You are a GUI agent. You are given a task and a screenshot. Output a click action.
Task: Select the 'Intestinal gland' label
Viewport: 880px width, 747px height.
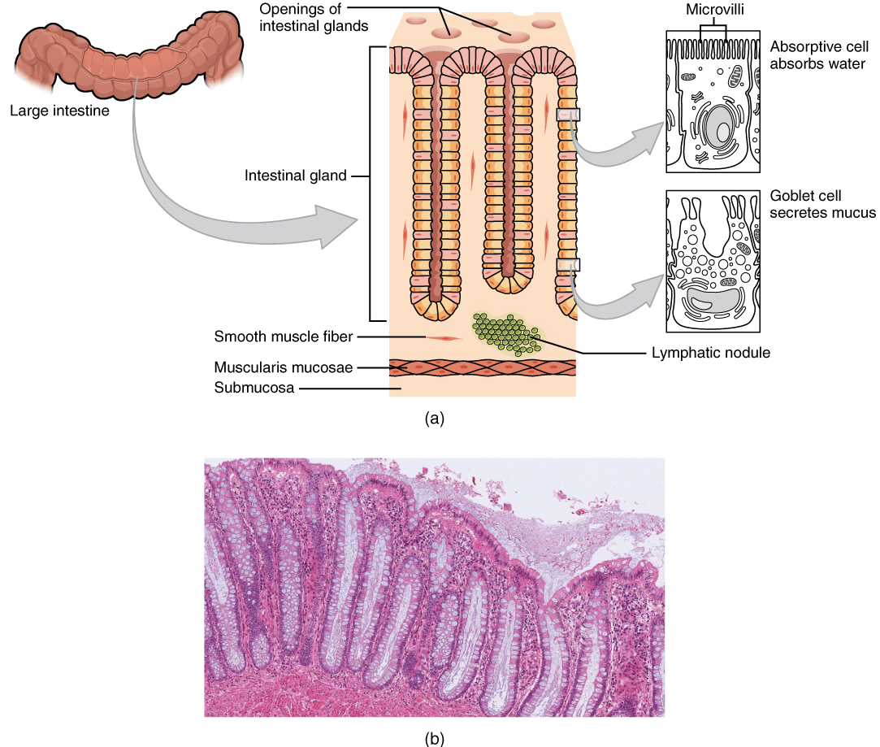pyautogui.click(x=296, y=175)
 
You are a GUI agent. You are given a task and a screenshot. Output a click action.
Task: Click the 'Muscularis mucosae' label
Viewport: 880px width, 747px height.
pyautogui.click(x=284, y=367)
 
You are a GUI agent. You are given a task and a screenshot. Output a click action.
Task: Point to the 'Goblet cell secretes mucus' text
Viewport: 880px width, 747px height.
pyautogui.click(x=821, y=205)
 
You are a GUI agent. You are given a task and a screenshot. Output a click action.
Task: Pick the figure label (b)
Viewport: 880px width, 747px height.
pyautogui.click(x=435, y=738)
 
